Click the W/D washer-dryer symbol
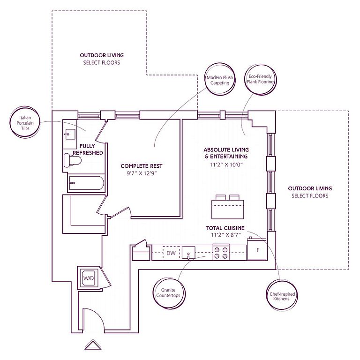tap(89, 278)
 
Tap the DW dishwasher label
tap(171, 253)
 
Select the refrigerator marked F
tap(257, 249)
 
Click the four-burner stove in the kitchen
tap(221, 252)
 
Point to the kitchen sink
tap(188, 253)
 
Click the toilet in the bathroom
tap(72, 160)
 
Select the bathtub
tap(86, 183)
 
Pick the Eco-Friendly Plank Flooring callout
tap(261, 79)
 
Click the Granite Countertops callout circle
tap(169, 293)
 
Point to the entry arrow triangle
tap(93, 345)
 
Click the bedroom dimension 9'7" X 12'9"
tap(142, 173)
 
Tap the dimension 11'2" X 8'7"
tap(225, 235)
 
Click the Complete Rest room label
tap(142, 166)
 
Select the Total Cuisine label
tap(225, 228)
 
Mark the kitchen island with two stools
tap(227, 207)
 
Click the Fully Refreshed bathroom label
tap(88, 149)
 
